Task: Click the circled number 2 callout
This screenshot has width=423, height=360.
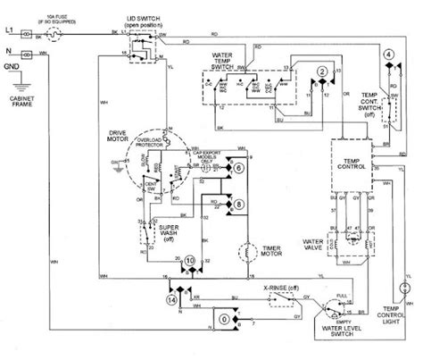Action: pyautogui.click(x=320, y=71)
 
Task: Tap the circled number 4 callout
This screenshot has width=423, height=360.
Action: pyautogui.click(x=389, y=55)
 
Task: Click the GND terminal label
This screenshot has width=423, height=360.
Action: pyautogui.click(x=12, y=64)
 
